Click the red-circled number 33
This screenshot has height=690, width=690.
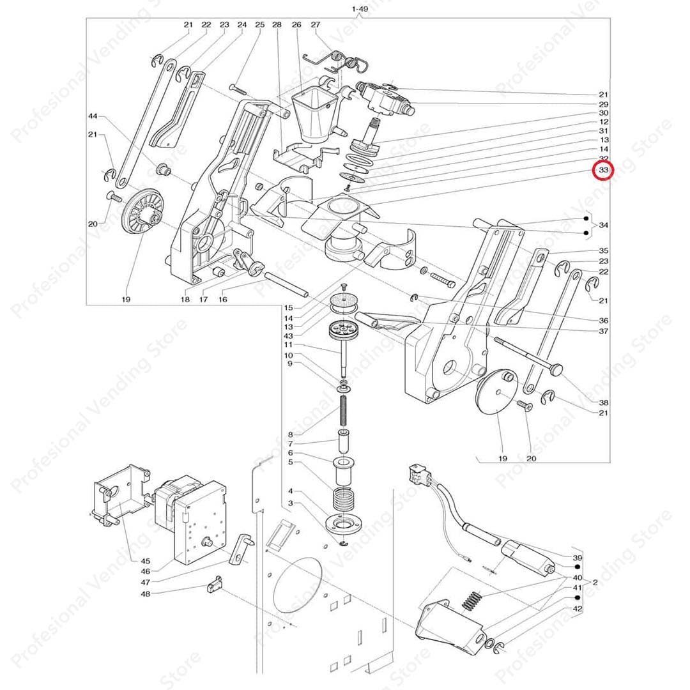tap(603, 171)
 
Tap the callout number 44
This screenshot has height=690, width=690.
tap(93, 116)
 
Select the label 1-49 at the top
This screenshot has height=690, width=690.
tap(360, 9)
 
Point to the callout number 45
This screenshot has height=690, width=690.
tap(145, 560)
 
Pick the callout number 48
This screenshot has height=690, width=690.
tap(145, 594)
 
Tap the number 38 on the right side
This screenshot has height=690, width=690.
tap(603, 402)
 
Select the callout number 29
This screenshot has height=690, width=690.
tap(603, 103)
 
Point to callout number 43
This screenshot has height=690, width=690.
tap(289, 336)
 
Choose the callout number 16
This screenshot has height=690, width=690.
tap(224, 299)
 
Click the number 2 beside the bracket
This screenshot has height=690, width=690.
tap(594, 583)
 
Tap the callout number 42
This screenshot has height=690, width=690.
tap(577, 609)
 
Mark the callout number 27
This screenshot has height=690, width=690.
tap(315, 25)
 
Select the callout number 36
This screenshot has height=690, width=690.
tap(603, 320)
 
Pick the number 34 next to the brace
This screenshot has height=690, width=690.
tap(603, 226)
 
